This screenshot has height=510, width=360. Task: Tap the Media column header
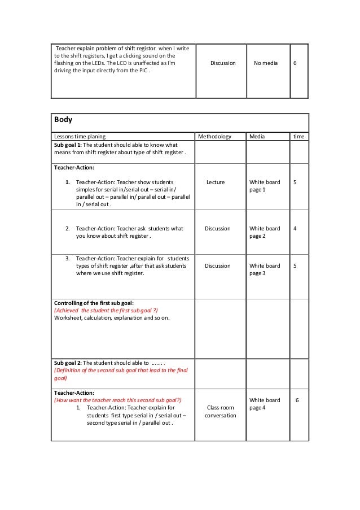click(x=257, y=137)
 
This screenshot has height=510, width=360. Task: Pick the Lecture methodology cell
click(x=215, y=182)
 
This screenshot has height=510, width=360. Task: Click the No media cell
click(x=265, y=63)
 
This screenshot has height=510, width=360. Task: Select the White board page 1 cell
click(x=264, y=186)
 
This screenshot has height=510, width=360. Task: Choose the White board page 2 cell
click(x=264, y=232)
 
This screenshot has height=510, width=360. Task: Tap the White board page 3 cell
click(x=264, y=269)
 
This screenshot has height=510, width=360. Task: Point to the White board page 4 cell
click(x=264, y=403)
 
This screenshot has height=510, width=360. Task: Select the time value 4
click(x=295, y=229)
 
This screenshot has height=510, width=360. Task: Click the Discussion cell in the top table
click(x=223, y=63)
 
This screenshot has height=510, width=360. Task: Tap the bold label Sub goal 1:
click(x=67, y=145)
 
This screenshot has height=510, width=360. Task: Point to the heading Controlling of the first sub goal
click(x=94, y=303)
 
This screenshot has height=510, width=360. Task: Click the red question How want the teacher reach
click(x=117, y=399)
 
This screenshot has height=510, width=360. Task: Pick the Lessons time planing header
click(x=80, y=137)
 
